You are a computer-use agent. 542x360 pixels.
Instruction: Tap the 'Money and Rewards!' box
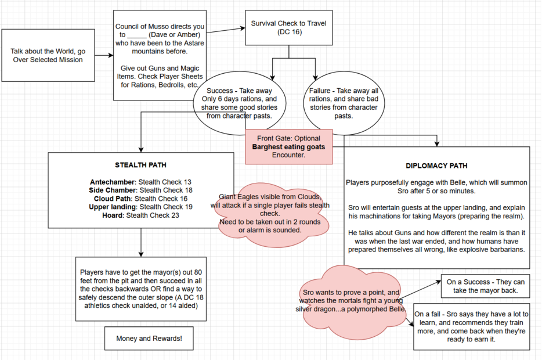pyautogui.click(x=149, y=339)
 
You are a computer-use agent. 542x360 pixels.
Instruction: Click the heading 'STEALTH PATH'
pyautogui.click(x=141, y=164)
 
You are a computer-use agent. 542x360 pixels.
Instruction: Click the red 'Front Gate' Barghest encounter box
pyautogui.click(x=288, y=147)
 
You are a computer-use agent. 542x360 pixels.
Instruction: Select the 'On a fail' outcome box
pyautogui.click(x=471, y=326)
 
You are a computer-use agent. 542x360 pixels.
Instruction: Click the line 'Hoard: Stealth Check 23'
pyautogui.click(x=141, y=215)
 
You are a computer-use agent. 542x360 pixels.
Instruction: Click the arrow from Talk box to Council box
pyautogui.click(x=102, y=56)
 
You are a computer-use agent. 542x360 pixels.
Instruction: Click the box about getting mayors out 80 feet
pyautogui.click(x=141, y=289)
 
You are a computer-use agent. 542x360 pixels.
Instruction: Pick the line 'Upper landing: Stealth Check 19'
pyautogui.click(x=141, y=207)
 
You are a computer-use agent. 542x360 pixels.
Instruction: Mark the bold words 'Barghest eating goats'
pyautogui.click(x=288, y=147)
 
